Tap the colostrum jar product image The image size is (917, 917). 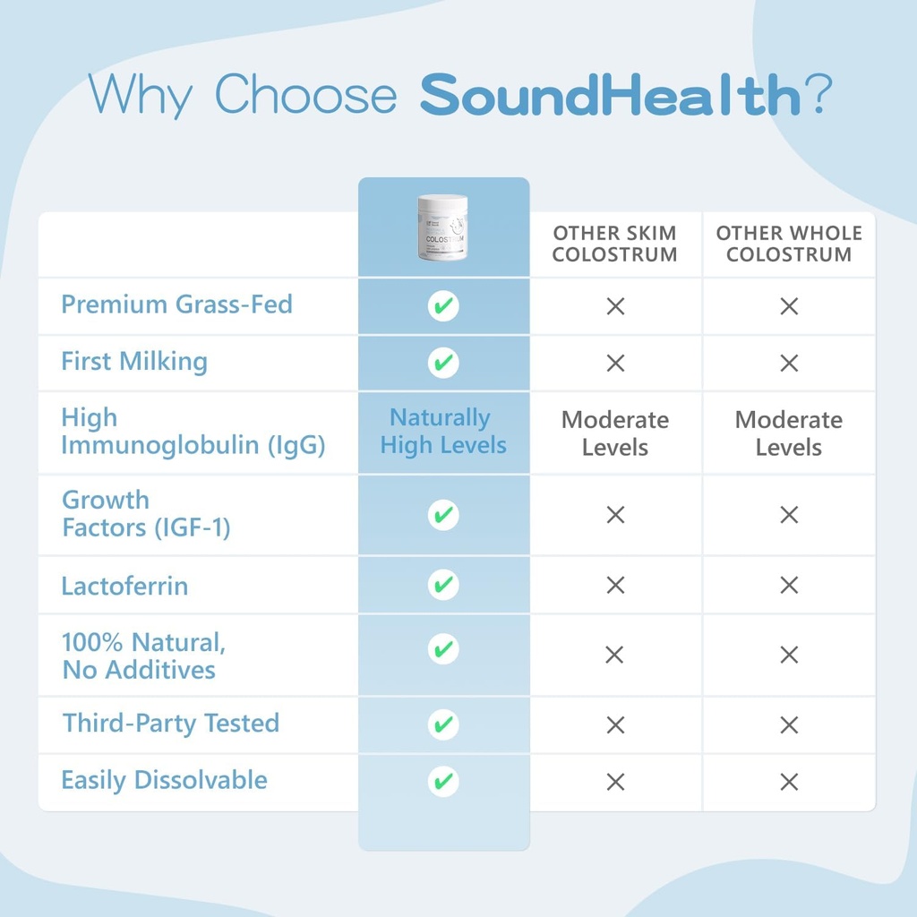coord(442,227)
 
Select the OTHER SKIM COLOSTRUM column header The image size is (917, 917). coord(614,244)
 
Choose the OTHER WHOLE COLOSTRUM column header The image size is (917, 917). coord(788,244)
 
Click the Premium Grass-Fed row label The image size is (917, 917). coord(176,304)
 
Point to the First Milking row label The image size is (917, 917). coord(134,362)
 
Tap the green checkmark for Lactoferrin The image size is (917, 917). coord(442,585)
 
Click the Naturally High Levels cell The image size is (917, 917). coord(442,432)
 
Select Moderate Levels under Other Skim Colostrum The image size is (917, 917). coord(614,433)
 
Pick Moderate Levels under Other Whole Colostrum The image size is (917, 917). coord(788,433)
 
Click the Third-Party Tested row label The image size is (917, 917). coord(171,724)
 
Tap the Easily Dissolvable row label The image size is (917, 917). coord(164,780)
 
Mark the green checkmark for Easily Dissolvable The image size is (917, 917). coord(442,781)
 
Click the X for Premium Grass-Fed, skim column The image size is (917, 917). coord(615,306)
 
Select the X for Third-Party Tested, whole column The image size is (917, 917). coord(789,724)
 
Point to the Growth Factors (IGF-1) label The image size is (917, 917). coord(146,514)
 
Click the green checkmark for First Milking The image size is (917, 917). coord(442,363)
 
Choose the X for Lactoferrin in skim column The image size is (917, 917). coord(615,586)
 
